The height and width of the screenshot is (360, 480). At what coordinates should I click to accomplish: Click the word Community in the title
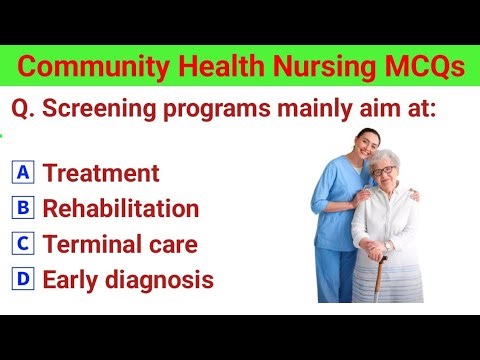pyautogui.click(x=82, y=67)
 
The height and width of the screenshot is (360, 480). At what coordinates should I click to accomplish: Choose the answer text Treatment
pyautogui.click(x=101, y=173)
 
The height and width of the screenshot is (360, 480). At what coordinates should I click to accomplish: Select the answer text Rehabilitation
pyautogui.click(x=121, y=209)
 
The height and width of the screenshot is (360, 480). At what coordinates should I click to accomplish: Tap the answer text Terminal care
pyautogui.click(x=120, y=244)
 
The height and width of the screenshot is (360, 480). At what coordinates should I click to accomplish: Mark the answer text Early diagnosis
pyautogui.click(x=128, y=280)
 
